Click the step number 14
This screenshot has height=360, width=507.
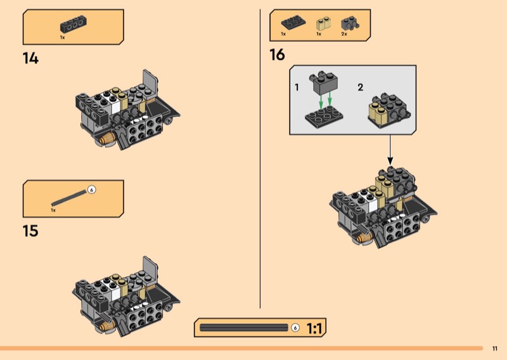coord(30,59)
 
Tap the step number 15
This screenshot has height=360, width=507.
coord(30,231)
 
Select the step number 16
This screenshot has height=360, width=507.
coord(277,55)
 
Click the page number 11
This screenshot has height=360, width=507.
coord(495,348)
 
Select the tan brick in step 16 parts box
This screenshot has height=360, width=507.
coord(323,25)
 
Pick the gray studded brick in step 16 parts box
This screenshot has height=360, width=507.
coord(347,24)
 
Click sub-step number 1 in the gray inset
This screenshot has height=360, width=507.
coord(297,87)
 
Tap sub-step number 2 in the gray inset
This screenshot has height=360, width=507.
coord(360,87)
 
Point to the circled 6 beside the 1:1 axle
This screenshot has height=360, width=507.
coord(295,328)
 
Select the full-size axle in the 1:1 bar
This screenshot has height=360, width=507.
coord(244,328)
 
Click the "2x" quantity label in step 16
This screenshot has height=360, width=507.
coord(344,34)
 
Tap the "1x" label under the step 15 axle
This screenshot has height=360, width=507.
coord(54,209)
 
